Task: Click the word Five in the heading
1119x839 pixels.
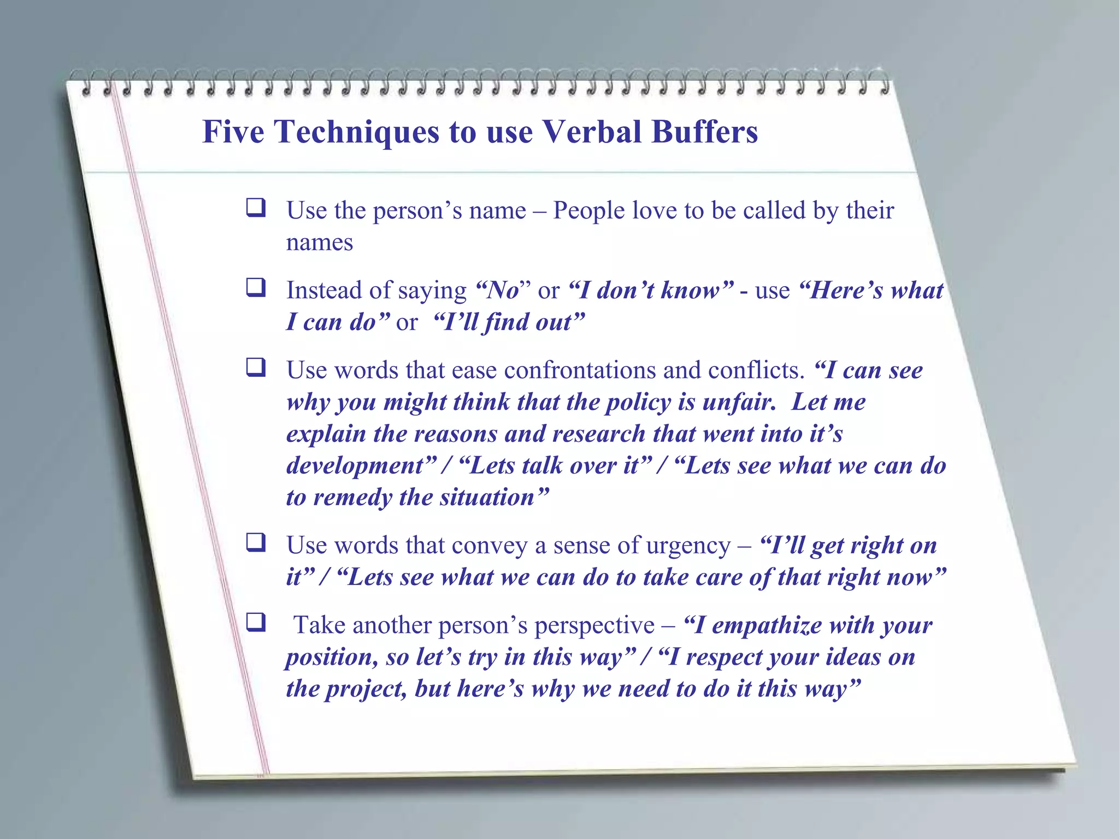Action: point(233,132)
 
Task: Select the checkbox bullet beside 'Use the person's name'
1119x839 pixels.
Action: point(256,208)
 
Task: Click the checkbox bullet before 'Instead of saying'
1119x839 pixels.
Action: point(256,287)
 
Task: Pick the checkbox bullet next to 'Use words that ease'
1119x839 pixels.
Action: point(256,367)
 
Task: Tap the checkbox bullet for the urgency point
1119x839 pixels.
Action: point(256,542)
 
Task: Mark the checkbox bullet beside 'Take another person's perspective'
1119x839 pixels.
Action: point(256,622)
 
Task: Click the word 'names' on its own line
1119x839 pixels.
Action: point(320,243)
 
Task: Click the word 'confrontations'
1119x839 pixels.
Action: point(580,370)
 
